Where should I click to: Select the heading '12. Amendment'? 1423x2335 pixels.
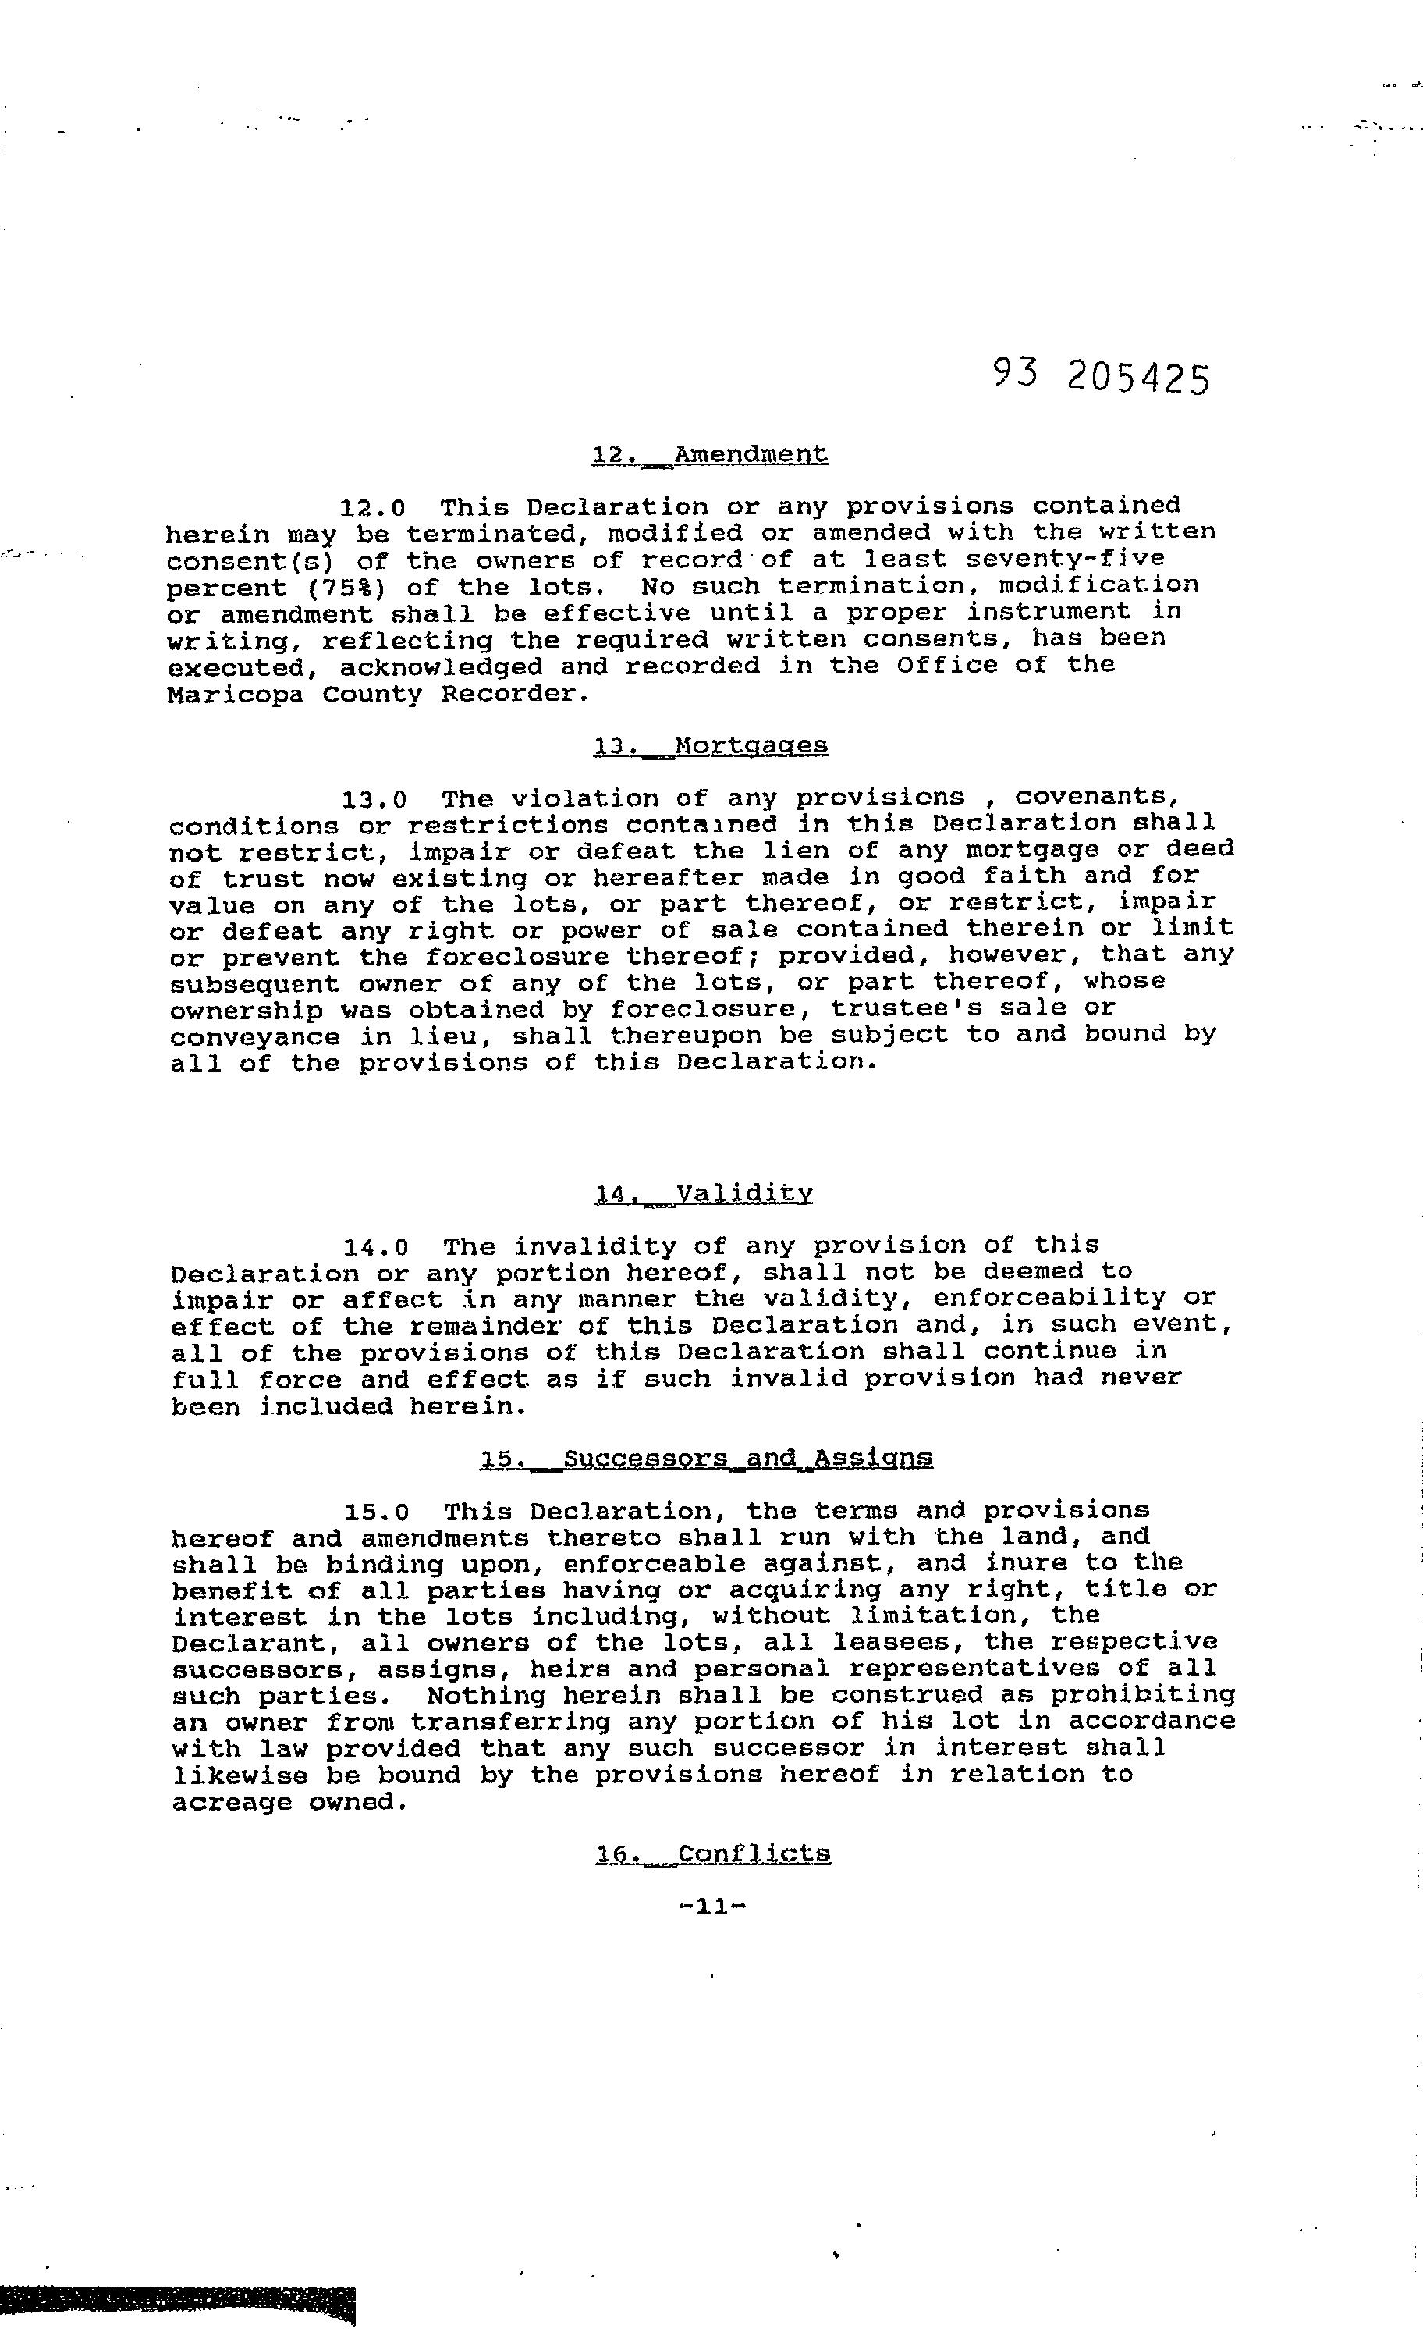710,455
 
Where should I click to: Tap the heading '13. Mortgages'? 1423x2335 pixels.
711,747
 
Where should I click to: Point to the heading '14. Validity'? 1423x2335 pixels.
704,1194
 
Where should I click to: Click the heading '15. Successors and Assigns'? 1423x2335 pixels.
706,1458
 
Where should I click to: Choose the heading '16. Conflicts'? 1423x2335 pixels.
712,1853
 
